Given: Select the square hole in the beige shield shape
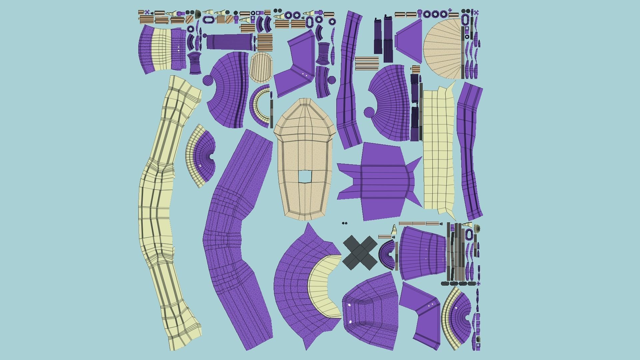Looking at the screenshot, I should pyautogui.click(x=304, y=177).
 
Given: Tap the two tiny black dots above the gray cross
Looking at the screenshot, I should pyautogui.click(x=345, y=223).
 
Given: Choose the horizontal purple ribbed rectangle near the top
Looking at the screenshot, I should pyautogui.click(x=228, y=41).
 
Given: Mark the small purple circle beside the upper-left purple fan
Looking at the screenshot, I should pyautogui.click(x=207, y=80).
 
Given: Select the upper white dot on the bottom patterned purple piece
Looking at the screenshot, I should pyautogui.click(x=349, y=305).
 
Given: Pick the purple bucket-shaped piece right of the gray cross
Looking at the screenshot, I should pyautogui.click(x=423, y=253).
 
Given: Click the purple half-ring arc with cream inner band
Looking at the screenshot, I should pyautogui.click(x=260, y=105).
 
